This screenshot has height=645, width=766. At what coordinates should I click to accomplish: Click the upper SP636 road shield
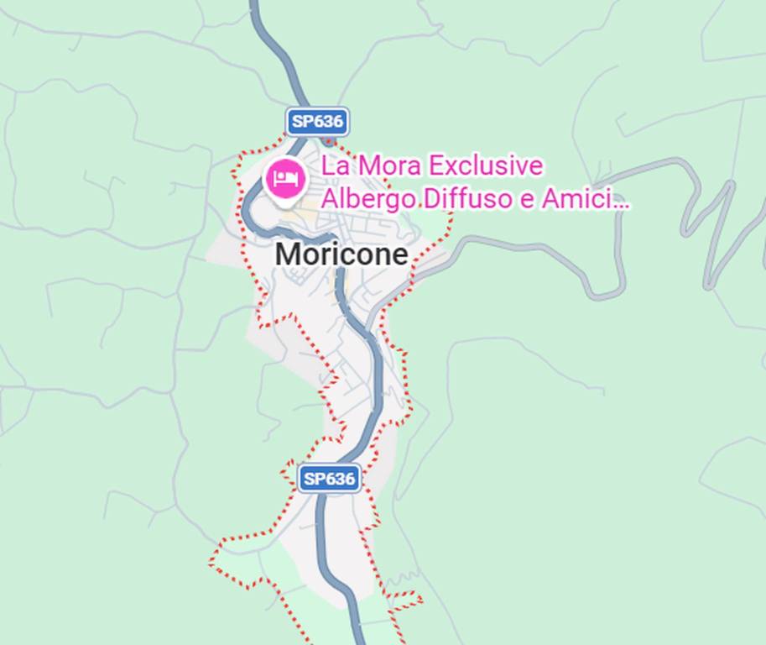point(317,122)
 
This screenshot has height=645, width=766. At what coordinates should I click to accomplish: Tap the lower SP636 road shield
point(330,479)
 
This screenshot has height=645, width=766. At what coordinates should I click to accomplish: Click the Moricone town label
point(342,254)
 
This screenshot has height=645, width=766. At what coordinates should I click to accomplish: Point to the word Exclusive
point(486,166)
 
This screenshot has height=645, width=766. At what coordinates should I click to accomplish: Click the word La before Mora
point(335,166)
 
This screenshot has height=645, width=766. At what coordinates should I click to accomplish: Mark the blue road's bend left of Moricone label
point(248,210)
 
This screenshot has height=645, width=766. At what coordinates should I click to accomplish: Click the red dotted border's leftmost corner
point(211,564)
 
